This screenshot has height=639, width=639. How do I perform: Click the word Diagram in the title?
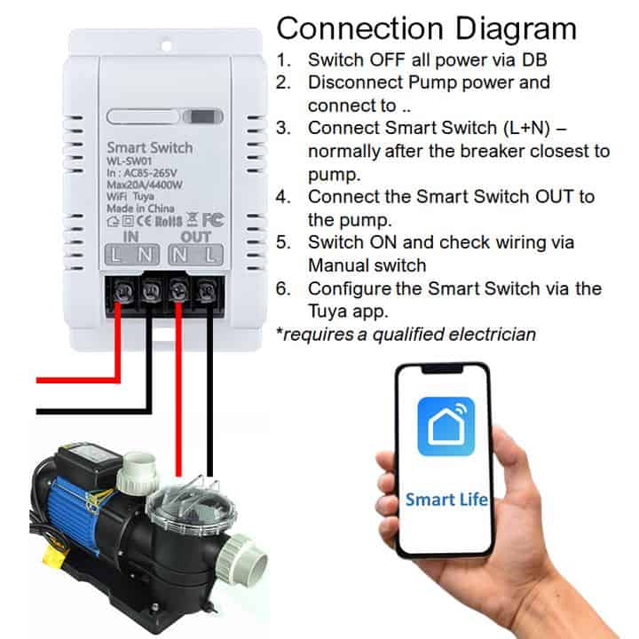click(515, 30)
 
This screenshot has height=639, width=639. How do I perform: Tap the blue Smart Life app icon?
click(446, 426)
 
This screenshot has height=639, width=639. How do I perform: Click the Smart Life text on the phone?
click(446, 499)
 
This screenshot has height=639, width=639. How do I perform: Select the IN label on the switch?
click(130, 236)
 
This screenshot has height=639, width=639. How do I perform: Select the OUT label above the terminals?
click(195, 236)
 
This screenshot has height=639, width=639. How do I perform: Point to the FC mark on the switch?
click(213, 220)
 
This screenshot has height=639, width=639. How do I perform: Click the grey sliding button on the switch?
click(202, 117)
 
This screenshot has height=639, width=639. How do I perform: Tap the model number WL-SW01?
click(130, 161)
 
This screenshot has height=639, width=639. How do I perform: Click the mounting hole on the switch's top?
click(166, 43)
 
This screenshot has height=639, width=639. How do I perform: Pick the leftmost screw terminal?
click(123, 291)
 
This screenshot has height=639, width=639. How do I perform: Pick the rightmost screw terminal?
click(208, 291)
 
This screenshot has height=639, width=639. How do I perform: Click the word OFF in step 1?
click(387, 60)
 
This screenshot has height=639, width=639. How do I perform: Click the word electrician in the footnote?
click(493, 335)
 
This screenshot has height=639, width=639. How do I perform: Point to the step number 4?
click(282, 197)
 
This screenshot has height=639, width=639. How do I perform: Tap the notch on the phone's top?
click(442, 369)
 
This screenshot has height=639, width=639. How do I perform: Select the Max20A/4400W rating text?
click(145, 185)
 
